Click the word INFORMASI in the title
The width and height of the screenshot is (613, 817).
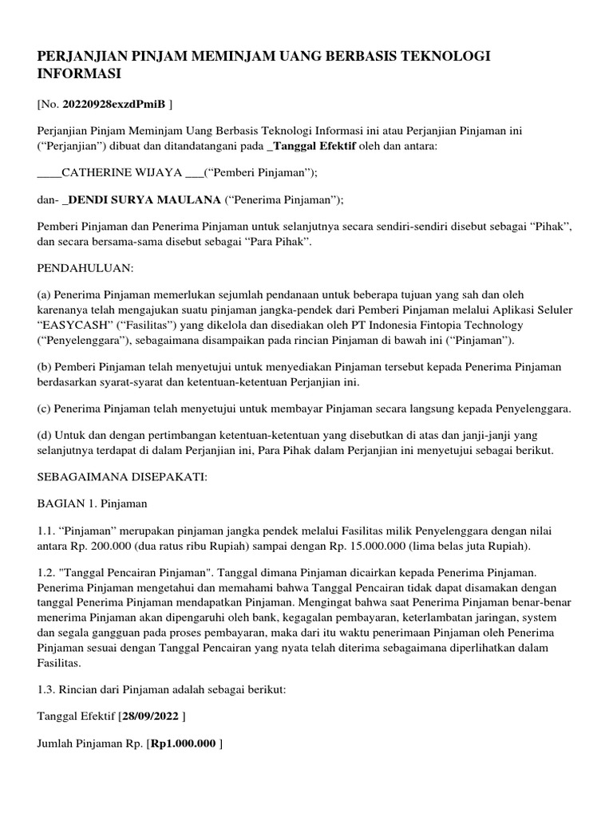click(79, 74)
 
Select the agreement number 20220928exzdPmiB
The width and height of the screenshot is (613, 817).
click(113, 104)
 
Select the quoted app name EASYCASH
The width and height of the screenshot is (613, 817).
click(81, 326)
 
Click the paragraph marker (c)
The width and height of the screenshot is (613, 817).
click(45, 409)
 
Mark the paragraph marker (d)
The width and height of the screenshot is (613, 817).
click(45, 436)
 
